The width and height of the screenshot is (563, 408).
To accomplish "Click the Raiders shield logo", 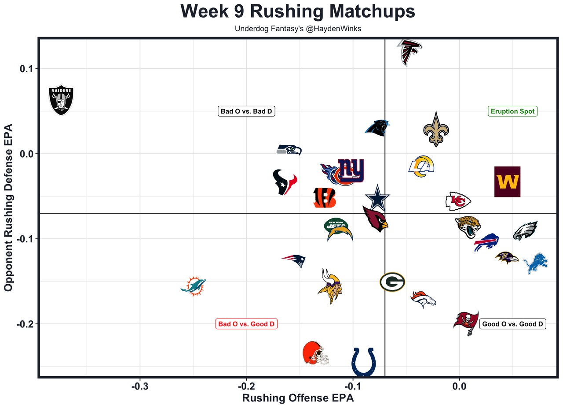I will pos(61,100).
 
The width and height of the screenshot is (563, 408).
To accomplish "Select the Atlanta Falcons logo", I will pos(410,52).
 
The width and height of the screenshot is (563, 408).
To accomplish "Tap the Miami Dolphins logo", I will pos(194,287).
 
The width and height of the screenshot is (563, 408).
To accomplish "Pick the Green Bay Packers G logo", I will pos(392,282).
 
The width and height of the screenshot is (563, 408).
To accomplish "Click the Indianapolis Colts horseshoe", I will pos(364,362).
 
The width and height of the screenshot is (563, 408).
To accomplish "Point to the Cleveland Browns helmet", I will pos(315,353).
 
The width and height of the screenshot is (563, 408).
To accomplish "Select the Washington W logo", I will pos(507,182).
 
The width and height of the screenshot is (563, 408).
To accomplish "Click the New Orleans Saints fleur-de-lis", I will pos(436,129).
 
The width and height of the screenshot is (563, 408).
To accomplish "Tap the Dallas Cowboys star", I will pos(377,198).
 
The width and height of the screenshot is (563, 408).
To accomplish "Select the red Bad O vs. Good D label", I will pos(246,324).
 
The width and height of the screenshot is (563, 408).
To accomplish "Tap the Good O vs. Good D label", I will pos(512,324).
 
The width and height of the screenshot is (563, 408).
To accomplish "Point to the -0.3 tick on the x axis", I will pos(140,387).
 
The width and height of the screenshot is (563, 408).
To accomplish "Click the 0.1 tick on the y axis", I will pos(29,69).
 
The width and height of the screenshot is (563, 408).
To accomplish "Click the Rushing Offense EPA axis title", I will pos(298,398).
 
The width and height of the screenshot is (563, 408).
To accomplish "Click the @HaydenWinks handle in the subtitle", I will pos(329,29).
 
